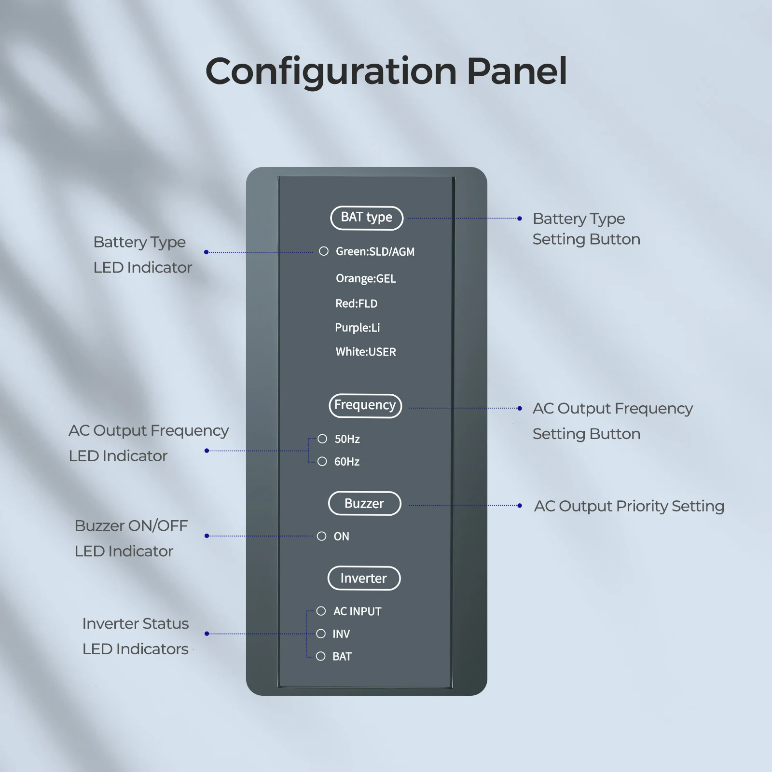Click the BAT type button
(367, 218)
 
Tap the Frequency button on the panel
(365, 405)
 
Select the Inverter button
(364, 578)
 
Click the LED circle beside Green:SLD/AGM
(324, 251)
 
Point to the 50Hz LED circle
(322, 439)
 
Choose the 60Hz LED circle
(322, 461)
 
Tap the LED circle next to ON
(322, 536)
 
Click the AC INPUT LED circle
(321, 611)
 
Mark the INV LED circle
(321, 634)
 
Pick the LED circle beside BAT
(321, 656)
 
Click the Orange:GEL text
(366, 278)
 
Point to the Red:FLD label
(357, 303)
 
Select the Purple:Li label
(358, 328)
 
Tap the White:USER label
(366, 352)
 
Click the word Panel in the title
(517, 71)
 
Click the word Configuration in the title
(331, 71)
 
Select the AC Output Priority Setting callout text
(629, 506)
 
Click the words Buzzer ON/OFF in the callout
(131, 525)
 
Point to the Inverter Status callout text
(136, 623)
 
